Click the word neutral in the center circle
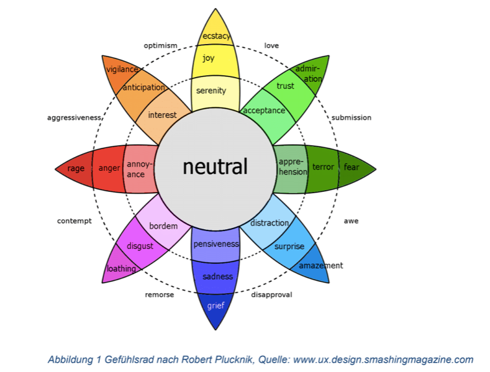coord(215,166)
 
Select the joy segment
coord(208,59)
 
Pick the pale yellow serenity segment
coord(211,91)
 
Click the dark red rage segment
coord(76,167)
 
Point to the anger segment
coord(109,167)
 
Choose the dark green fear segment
coord(352,167)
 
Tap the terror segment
coord(323,167)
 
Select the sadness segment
coord(217,276)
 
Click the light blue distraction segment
coord(269,224)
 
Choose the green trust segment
coord(286,87)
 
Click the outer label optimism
coord(160,45)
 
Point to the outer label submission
coord(351,117)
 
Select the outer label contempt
coord(74,220)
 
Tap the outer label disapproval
coord(271,294)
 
